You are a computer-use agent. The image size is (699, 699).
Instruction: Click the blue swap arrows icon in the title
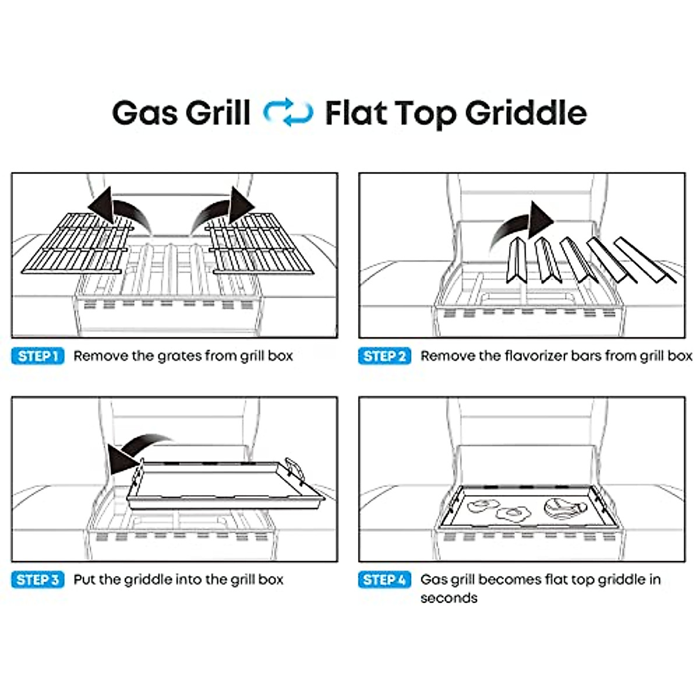288,113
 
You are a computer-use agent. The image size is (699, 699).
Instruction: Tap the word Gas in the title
146,113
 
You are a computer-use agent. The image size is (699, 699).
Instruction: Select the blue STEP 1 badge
38,356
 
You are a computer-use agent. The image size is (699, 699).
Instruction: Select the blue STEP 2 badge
384,356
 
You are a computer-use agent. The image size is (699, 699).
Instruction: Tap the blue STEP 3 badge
38,580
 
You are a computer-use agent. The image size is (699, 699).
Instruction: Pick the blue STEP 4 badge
384,580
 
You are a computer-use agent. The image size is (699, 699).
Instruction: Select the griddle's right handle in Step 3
296,469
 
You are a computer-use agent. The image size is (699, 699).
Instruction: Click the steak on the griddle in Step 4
562,507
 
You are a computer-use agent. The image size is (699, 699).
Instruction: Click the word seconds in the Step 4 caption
449,598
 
